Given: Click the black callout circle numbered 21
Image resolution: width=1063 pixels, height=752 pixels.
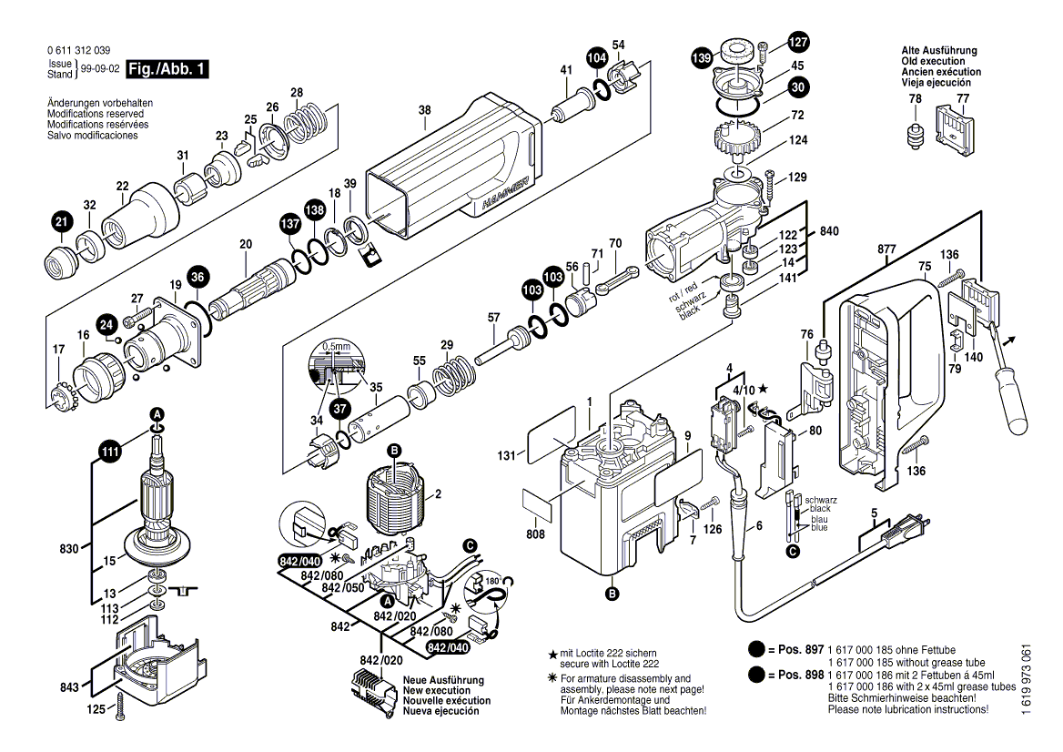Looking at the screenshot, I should [61, 221].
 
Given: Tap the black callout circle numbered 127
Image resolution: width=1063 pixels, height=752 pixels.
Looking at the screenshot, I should [797, 42].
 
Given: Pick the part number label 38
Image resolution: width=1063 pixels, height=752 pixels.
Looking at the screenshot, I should [424, 112].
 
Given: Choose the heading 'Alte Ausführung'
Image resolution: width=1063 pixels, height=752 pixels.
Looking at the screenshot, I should [939, 51].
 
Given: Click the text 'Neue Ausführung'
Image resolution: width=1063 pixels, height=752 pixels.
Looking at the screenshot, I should [443, 680].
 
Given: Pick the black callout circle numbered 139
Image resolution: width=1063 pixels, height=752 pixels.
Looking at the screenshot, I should [701, 58].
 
